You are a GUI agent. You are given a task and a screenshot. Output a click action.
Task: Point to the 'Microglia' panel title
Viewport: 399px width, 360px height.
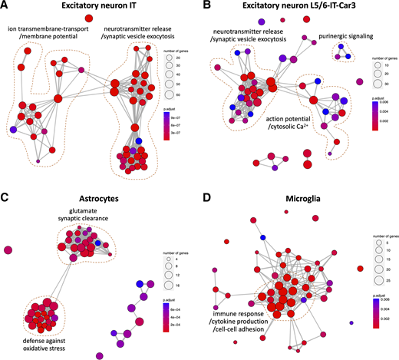pyautogui.click(x=302, y=199)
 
